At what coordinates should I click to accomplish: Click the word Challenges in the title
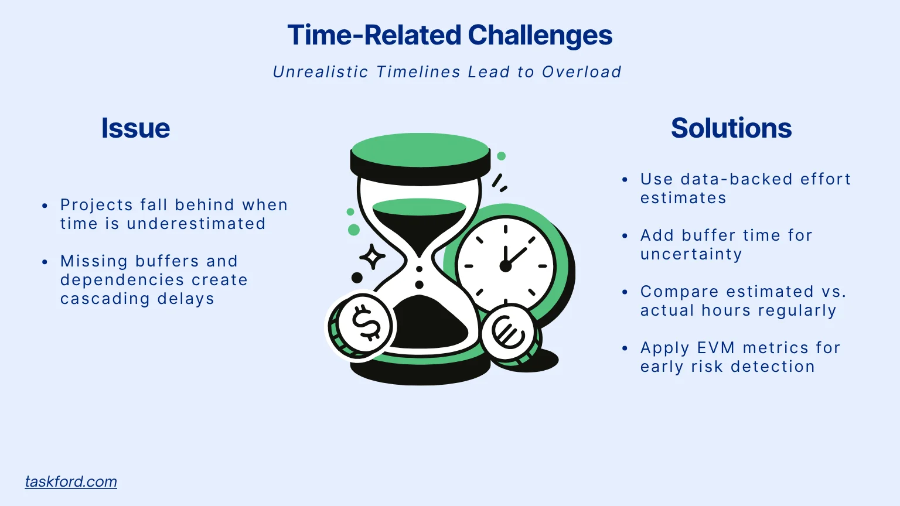coord(540,35)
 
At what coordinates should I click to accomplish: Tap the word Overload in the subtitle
coord(581,72)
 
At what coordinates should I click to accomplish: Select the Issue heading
coord(135,128)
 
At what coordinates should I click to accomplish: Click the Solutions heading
coord(731,128)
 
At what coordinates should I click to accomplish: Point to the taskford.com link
coord(71,481)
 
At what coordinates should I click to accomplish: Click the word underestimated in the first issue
coord(196,224)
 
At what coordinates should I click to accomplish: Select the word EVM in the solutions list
coord(716,348)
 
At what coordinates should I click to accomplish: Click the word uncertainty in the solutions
coord(691,254)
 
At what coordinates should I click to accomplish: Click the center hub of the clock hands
coord(505,266)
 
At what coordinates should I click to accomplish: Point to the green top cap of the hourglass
coord(420,150)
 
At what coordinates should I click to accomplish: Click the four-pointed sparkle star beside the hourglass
coord(372,257)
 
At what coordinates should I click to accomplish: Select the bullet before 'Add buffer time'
coord(625,236)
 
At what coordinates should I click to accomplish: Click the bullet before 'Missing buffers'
coord(45,262)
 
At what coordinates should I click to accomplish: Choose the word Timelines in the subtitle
coord(418,72)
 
